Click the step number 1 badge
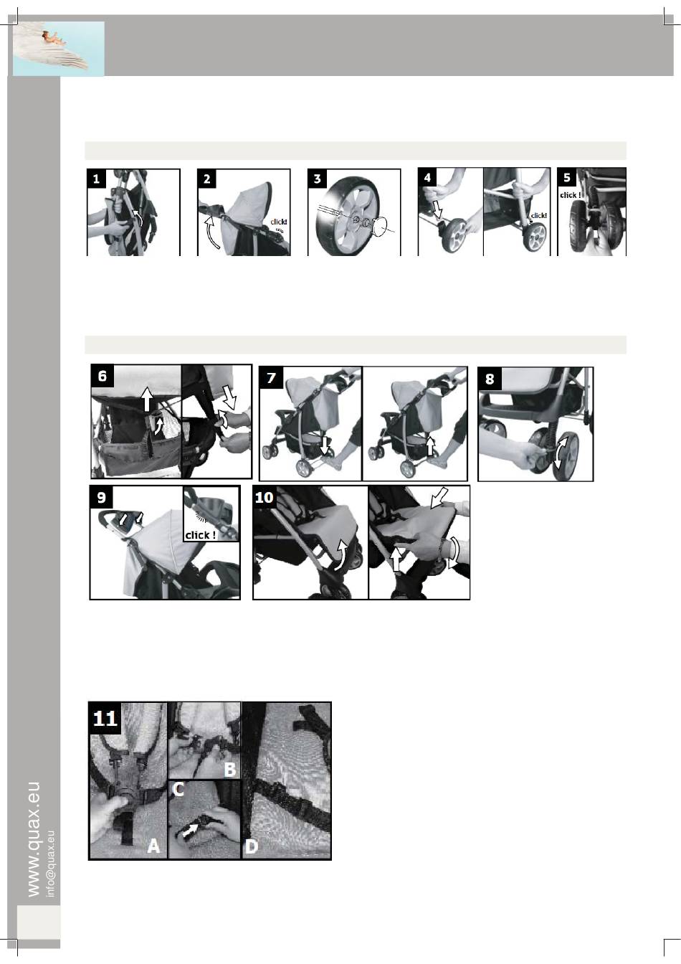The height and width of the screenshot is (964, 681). (96, 178)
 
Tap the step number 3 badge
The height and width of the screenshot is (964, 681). (317, 178)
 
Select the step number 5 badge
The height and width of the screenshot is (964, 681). (566, 177)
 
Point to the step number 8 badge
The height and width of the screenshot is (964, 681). (490, 379)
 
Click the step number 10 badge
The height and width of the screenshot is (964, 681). (264, 498)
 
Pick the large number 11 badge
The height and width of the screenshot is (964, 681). (105, 718)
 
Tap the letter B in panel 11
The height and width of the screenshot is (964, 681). (230, 770)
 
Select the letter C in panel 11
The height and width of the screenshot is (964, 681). (178, 789)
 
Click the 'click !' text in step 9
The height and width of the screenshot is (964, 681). (201, 535)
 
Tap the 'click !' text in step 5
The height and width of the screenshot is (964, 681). (571, 195)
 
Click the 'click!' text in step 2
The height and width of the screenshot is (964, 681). (279, 222)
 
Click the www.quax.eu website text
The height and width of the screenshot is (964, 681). (33, 840)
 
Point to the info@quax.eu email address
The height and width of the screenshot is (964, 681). (50, 864)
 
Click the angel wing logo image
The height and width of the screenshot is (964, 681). (59, 49)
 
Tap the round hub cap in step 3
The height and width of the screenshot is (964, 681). (378, 227)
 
